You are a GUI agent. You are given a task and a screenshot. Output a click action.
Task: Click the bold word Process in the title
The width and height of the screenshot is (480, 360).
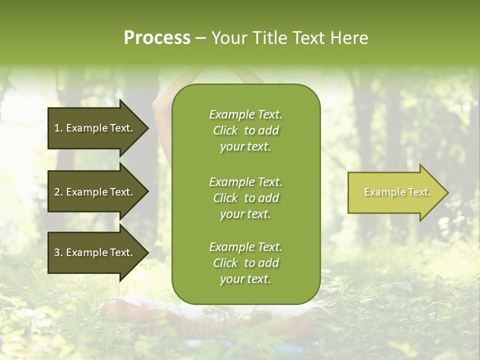pyautogui.click(x=157, y=38)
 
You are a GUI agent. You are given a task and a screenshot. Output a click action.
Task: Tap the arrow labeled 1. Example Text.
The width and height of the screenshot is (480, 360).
pyautogui.click(x=95, y=128)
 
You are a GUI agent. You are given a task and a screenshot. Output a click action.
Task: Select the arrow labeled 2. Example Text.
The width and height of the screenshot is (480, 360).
pyautogui.click(x=95, y=192)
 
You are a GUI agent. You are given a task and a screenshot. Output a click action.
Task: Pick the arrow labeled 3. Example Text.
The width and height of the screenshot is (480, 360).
pyautogui.click(x=95, y=252)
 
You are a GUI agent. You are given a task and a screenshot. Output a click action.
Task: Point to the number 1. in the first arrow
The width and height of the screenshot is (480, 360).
pyautogui.click(x=58, y=128)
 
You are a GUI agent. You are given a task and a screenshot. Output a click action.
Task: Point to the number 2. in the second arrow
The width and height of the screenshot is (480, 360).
pyautogui.click(x=58, y=192)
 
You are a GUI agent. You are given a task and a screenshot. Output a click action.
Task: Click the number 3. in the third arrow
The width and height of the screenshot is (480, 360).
pyautogui.click(x=58, y=252)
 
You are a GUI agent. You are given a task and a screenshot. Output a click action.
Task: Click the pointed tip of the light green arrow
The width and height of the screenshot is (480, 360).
pyautogui.click(x=446, y=192)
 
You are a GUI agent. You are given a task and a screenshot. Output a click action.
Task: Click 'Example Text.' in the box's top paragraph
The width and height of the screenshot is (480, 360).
pyautogui.click(x=245, y=114)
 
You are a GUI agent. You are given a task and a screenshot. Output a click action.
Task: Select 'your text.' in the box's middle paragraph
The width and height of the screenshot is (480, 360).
pyautogui.click(x=245, y=214)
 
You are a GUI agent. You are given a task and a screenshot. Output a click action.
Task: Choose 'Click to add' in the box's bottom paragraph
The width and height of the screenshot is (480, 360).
pyautogui.click(x=245, y=263)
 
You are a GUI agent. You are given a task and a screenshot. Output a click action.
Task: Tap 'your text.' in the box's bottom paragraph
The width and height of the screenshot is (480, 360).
pyautogui.click(x=245, y=279)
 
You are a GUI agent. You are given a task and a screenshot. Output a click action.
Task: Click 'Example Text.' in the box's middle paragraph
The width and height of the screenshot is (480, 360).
pyautogui.click(x=245, y=181)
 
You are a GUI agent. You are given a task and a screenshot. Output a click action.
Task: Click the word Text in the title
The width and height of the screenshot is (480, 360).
pyautogui.click(x=309, y=38)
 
